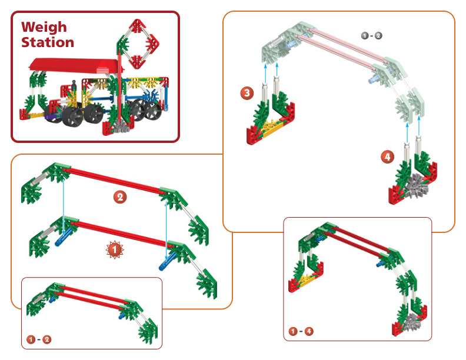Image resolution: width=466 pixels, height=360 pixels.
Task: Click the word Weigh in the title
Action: click(x=44, y=27)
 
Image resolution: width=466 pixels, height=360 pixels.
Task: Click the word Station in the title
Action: click(x=48, y=42)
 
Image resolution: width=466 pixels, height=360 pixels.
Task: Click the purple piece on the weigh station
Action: click(x=52, y=116)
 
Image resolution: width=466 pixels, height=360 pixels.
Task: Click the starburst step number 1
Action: click(x=114, y=249)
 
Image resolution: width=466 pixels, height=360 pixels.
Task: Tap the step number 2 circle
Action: click(x=119, y=198)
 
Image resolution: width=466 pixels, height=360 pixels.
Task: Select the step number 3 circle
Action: click(x=247, y=93)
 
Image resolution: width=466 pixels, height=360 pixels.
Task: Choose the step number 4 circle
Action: click(x=387, y=157)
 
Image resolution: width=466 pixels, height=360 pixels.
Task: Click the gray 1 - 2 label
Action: click(x=372, y=36)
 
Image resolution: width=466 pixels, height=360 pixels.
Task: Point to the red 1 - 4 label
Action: click(x=301, y=332)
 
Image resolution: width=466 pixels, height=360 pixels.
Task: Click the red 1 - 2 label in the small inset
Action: click(x=39, y=339)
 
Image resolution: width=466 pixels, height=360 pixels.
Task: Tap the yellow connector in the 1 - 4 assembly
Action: click(x=306, y=277)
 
